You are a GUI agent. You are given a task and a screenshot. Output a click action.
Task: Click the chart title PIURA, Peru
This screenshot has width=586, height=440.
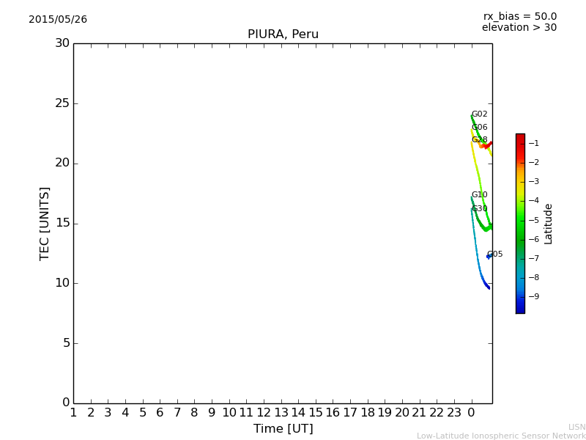(x=283, y=34)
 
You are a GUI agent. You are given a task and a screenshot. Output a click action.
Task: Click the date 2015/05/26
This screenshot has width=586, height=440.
(x=58, y=19)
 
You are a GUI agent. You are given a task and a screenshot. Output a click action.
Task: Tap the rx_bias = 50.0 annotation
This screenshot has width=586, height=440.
(x=519, y=16)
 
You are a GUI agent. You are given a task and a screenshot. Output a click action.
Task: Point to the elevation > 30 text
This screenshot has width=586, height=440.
(x=519, y=28)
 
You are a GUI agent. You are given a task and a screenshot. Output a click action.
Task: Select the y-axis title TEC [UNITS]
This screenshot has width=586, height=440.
(x=45, y=223)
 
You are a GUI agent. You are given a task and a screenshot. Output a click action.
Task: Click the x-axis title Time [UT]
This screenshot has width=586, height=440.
(x=283, y=429)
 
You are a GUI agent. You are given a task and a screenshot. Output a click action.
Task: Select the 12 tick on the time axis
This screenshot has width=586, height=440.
(x=264, y=412)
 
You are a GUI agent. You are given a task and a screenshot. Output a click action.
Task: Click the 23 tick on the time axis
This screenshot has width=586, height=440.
(x=454, y=412)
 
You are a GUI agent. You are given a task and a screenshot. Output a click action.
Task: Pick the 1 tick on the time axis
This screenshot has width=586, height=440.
(x=73, y=412)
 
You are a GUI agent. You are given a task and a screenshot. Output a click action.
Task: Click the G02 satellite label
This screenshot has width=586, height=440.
(x=479, y=114)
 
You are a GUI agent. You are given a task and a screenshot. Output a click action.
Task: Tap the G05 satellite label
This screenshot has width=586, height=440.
(x=495, y=254)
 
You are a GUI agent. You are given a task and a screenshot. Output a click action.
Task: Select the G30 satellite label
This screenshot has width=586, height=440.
(x=479, y=209)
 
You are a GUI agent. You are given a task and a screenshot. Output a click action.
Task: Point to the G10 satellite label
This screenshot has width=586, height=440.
(x=479, y=195)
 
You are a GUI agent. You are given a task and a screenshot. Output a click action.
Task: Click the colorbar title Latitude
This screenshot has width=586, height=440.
(x=549, y=223)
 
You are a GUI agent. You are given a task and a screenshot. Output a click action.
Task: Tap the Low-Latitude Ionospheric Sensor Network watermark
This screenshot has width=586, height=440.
(x=501, y=436)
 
